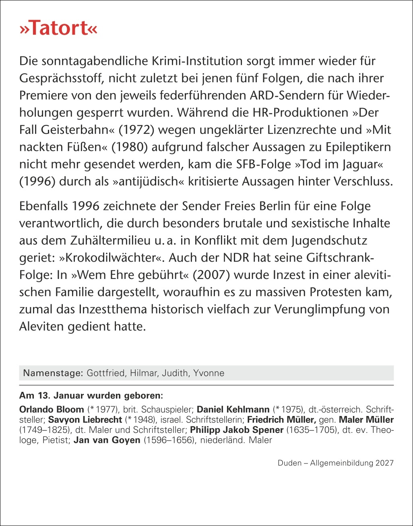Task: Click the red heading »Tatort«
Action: tap(58, 29)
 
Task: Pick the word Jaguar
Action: tap(368, 164)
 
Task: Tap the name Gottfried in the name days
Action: tap(105, 373)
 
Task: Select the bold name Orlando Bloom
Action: tap(52, 410)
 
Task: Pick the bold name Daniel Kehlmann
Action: tap(233, 410)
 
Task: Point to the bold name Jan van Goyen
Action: tap(107, 440)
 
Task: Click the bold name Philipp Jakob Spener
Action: tap(237, 430)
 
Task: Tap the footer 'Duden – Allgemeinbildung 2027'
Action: tap(335, 463)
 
